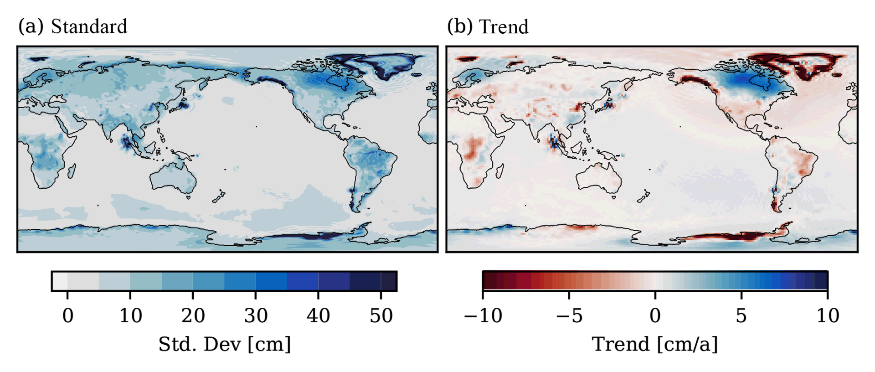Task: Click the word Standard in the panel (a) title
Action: tap(89, 26)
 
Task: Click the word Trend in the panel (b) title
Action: tap(504, 27)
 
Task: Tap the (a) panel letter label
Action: tap(31, 26)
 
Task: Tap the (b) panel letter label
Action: tap(460, 26)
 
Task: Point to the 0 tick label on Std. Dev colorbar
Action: tap(67, 315)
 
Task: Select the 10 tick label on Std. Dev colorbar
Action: tap(130, 315)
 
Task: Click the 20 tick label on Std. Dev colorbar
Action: tap(193, 315)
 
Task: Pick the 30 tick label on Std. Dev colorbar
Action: tap(256, 315)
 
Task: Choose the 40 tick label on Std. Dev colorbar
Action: tap(318, 315)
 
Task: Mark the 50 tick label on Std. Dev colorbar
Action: tap(381, 315)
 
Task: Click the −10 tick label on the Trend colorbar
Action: tap(483, 315)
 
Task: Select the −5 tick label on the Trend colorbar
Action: tap(569, 315)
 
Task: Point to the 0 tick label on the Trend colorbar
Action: tap(655, 315)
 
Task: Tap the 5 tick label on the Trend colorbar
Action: tap(741, 315)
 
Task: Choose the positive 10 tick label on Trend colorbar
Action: tap(828, 315)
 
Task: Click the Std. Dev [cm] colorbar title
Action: tap(224, 344)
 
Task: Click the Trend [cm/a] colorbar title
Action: tap(655, 344)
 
